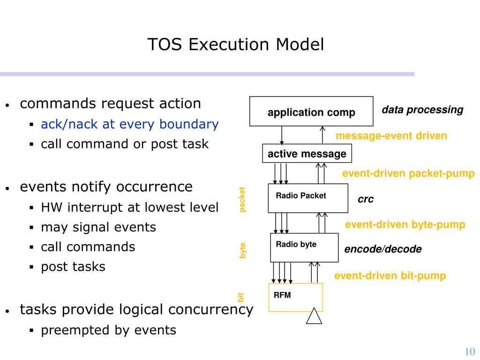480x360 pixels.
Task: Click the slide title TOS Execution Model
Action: coord(236,45)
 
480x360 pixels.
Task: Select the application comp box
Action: coord(311,112)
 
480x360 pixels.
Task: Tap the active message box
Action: coord(307,154)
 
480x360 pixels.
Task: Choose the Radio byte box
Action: coord(304,247)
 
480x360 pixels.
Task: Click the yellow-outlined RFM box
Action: coord(295,297)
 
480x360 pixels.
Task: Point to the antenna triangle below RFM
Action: coord(314,317)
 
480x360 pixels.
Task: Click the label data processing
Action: coord(422,110)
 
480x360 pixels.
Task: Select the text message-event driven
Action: coord(391,136)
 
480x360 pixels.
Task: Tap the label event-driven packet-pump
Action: coord(408,174)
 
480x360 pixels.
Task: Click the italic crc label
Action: coord(366,199)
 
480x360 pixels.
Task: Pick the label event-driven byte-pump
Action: coord(405,225)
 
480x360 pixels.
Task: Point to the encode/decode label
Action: coord(383,249)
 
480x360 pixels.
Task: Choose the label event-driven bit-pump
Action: coord(390,276)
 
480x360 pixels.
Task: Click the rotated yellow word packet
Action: coord(242,199)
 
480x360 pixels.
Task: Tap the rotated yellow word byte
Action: coord(242,250)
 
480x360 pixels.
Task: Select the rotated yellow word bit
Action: coord(241,297)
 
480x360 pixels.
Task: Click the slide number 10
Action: coord(470,352)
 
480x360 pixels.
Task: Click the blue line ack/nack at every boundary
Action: coord(130,124)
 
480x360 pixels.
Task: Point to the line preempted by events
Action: coord(109,330)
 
